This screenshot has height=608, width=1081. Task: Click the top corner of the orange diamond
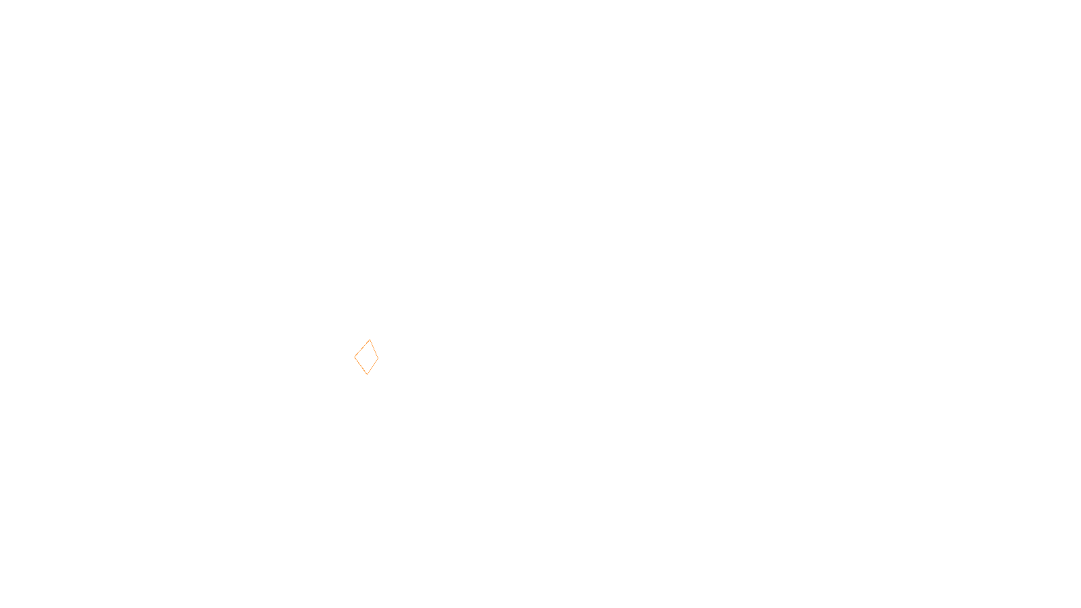(x=370, y=340)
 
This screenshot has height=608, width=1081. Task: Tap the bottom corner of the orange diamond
(x=367, y=374)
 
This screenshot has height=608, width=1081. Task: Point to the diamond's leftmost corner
(x=355, y=357)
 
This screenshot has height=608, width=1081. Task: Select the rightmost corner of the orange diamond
(x=378, y=358)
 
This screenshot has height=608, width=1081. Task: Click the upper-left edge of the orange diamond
(x=362, y=348)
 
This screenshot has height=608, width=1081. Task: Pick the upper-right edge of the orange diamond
(x=374, y=349)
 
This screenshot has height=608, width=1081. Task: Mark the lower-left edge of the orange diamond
(x=361, y=365)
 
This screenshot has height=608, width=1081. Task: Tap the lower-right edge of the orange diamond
(x=373, y=366)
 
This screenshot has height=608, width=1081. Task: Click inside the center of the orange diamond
(x=367, y=357)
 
